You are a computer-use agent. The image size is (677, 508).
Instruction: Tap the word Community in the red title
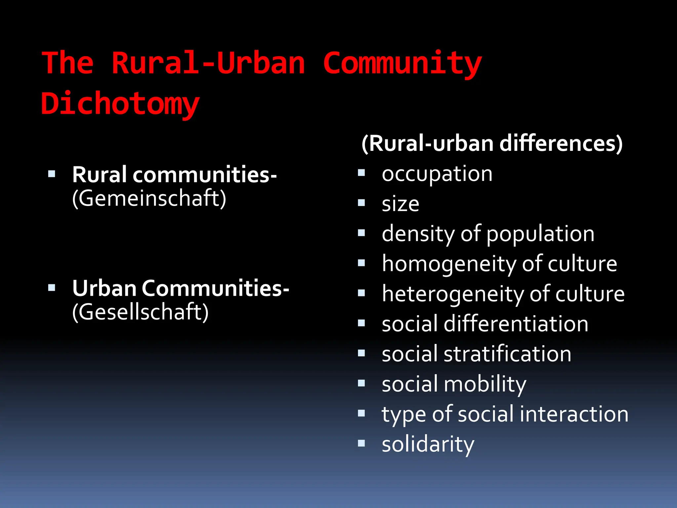(x=402, y=63)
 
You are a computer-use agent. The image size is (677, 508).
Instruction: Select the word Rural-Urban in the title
(x=208, y=63)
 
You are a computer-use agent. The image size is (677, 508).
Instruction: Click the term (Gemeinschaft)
(x=149, y=198)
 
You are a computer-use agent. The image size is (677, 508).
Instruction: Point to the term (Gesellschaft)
(x=140, y=312)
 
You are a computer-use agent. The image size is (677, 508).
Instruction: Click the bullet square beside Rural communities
(x=52, y=174)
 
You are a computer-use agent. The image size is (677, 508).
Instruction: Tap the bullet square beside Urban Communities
(x=52, y=287)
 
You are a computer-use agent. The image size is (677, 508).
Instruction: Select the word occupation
(x=437, y=174)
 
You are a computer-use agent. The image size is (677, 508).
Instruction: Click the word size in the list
(x=400, y=204)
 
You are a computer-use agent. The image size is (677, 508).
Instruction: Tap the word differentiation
(x=516, y=324)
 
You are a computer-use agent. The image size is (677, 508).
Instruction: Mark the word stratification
(x=507, y=354)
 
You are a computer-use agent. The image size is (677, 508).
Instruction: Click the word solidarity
(x=428, y=444)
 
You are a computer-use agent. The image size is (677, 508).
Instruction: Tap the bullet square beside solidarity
(x=361, y=443)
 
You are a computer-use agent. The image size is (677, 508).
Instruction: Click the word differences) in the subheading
(x=561, y=144)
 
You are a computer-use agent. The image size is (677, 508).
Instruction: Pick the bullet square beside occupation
(x=361, y=173)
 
